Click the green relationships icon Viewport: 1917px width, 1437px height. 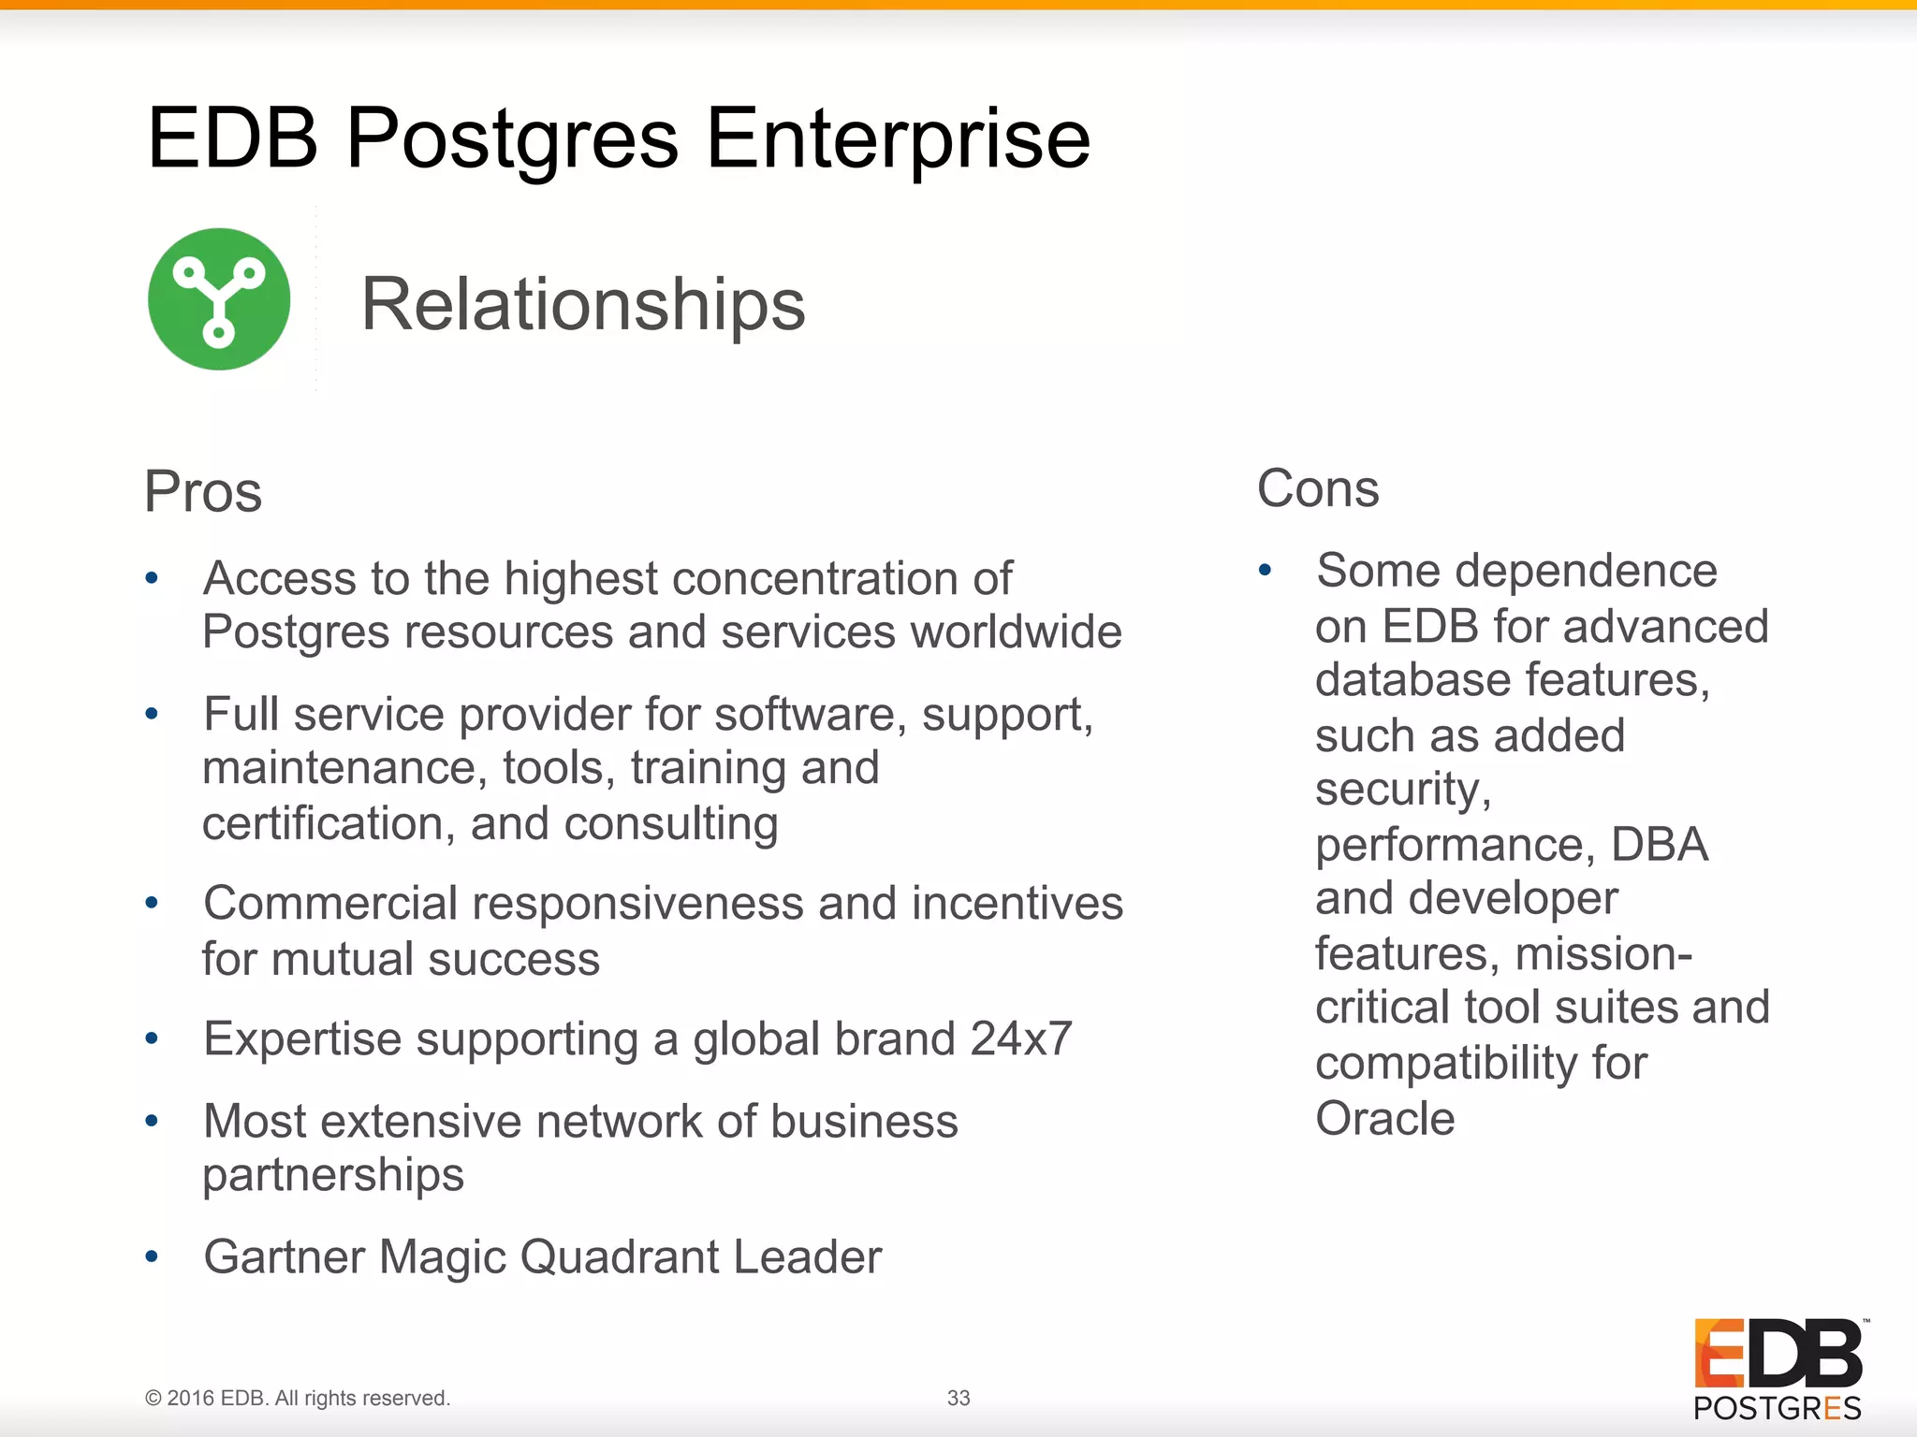click(x=219, y=299)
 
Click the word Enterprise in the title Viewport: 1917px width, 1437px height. click(x=898, y=138)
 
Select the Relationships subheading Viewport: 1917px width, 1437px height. click(x=582, y=304)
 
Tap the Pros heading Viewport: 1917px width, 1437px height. click(x=203, y=491)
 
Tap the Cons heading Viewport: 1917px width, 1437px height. click(x=1317, y=488)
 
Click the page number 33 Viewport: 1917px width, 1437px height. click(x=958, y=1398)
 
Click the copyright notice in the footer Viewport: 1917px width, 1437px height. click(x=298, y=1398)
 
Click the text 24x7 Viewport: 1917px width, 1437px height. click(x=1020, y=1038)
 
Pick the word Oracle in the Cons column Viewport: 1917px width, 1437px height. click(x=1384, y=1118)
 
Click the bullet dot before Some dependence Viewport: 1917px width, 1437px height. click(x=1265, y=570)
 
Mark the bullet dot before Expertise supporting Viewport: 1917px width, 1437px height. click(x=152, y=1038)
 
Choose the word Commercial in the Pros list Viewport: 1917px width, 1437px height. click(x=330, y=904)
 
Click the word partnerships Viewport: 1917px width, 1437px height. click(x=333, y=1175)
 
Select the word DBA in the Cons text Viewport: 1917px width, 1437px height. click(x=1659, y=845)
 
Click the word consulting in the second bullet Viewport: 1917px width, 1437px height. click(x=670, y=824)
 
